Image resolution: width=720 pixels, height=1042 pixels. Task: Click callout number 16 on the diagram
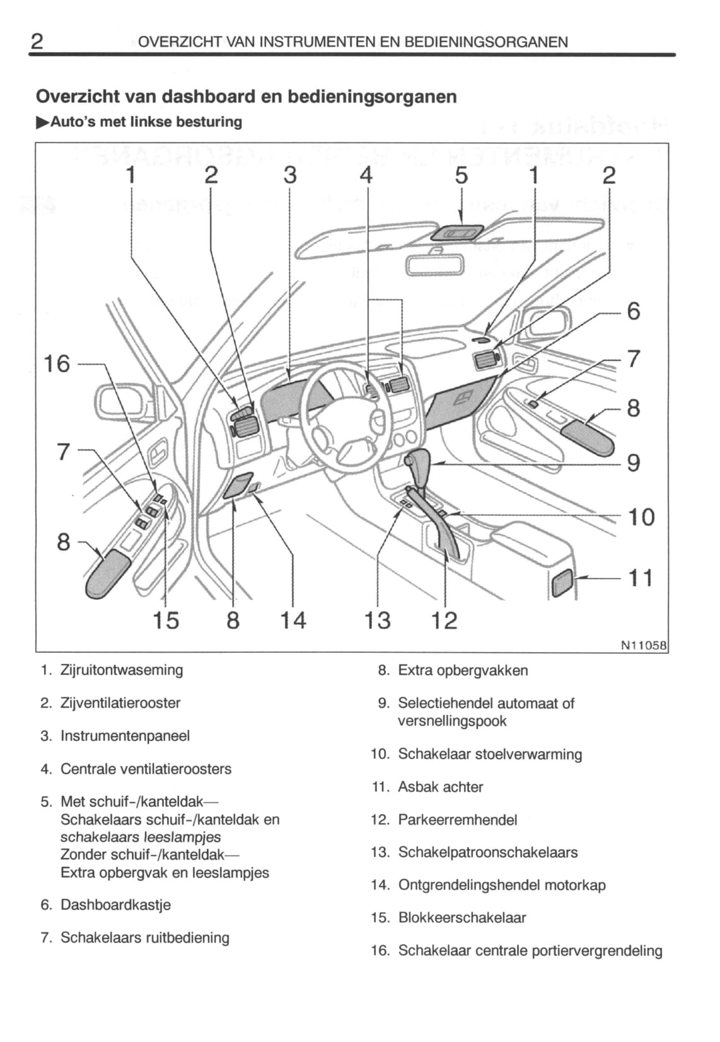point(56,364)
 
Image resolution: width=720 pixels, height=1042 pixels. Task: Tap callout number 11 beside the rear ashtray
point(641,578)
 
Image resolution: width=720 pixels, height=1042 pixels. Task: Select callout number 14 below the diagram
point(293,621)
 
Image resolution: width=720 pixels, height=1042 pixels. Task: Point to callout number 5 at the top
point(462,176)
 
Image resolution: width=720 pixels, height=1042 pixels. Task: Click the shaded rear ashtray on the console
point(563,582)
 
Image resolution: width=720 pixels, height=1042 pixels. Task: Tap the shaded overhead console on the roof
point(458,233)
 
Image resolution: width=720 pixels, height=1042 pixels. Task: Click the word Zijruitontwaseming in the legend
point(122,670)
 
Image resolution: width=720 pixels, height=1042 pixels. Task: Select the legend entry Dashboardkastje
point(115,905)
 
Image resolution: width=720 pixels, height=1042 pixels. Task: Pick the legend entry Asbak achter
point(441,787)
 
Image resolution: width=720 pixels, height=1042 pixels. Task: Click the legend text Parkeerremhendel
point(458,820)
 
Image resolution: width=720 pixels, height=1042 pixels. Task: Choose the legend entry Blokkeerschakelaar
point(462,917)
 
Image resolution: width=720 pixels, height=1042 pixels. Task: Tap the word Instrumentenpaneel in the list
point(125,736)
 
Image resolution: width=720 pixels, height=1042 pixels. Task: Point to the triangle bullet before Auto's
point(42,122)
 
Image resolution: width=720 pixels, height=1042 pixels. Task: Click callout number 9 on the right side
point(633,463)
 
